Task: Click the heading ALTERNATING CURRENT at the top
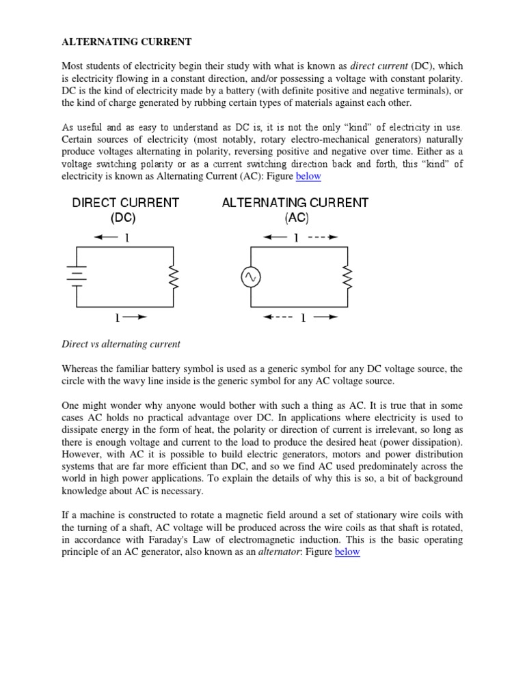point(126,42)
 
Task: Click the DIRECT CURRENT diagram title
point(125,203)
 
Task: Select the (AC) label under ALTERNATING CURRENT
point(297,218)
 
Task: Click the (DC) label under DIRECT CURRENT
point(125,218)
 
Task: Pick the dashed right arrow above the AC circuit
point(323,238)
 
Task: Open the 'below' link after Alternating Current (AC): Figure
point(308,177)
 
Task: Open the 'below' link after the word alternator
point(347,552)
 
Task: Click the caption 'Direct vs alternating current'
point(121,344)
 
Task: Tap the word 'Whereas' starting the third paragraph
point(81,369)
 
